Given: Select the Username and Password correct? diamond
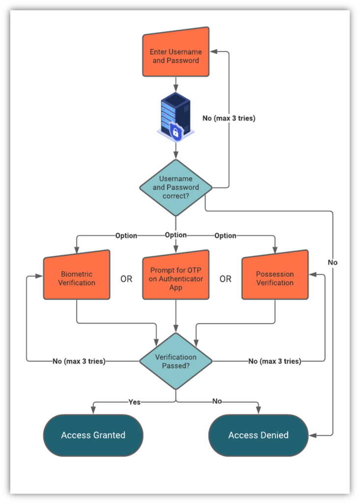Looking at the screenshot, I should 176,188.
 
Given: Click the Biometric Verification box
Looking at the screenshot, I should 77,278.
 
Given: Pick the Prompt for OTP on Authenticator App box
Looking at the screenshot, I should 176,278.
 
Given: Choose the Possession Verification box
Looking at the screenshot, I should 275,278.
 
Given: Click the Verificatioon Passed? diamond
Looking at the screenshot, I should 176,361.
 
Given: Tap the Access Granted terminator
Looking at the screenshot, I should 93,435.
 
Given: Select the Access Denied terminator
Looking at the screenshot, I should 258,435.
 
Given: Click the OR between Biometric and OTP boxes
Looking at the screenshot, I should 126,279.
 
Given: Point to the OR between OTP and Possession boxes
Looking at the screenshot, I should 225,279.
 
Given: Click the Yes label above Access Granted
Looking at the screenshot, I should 134,402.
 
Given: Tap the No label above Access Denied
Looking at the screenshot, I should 217,402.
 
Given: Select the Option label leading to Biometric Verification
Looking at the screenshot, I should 126,236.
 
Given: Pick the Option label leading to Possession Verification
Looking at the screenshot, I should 225,236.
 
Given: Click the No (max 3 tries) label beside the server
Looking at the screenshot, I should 229,119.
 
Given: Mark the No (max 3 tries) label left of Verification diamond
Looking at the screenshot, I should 79,361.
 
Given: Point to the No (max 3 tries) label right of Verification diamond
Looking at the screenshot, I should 274,361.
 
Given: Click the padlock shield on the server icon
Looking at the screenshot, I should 176,131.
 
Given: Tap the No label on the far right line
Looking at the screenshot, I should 333,262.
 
